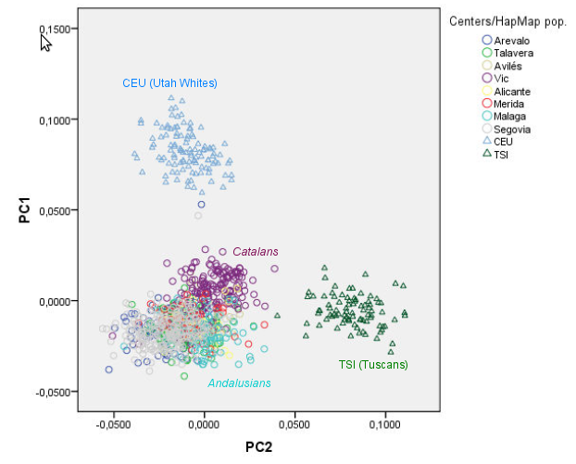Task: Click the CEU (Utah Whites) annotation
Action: click(169, 83)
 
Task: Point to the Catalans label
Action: click(255, 252)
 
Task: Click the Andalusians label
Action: click(239, 382)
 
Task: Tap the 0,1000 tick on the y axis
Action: click(56, 119)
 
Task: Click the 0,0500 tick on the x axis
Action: click(294, 423)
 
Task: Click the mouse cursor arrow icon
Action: click(45, 43)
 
